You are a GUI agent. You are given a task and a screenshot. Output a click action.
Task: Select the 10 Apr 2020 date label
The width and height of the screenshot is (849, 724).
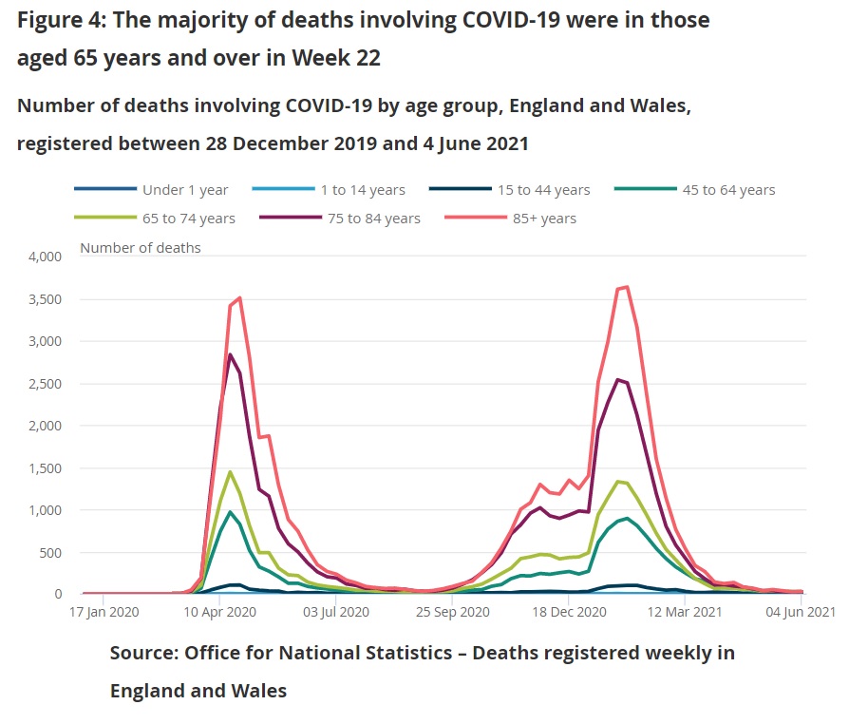219,613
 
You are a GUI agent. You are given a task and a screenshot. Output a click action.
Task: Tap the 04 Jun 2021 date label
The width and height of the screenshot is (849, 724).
801,613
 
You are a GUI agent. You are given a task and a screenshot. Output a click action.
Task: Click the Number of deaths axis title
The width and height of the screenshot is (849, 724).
141,248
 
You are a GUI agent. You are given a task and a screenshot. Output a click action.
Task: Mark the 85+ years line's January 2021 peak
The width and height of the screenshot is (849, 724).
626,286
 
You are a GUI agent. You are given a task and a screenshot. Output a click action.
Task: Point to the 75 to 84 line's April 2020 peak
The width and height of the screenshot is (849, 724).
230,354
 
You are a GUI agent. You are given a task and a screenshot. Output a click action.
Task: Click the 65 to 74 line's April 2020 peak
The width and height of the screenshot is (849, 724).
230,471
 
